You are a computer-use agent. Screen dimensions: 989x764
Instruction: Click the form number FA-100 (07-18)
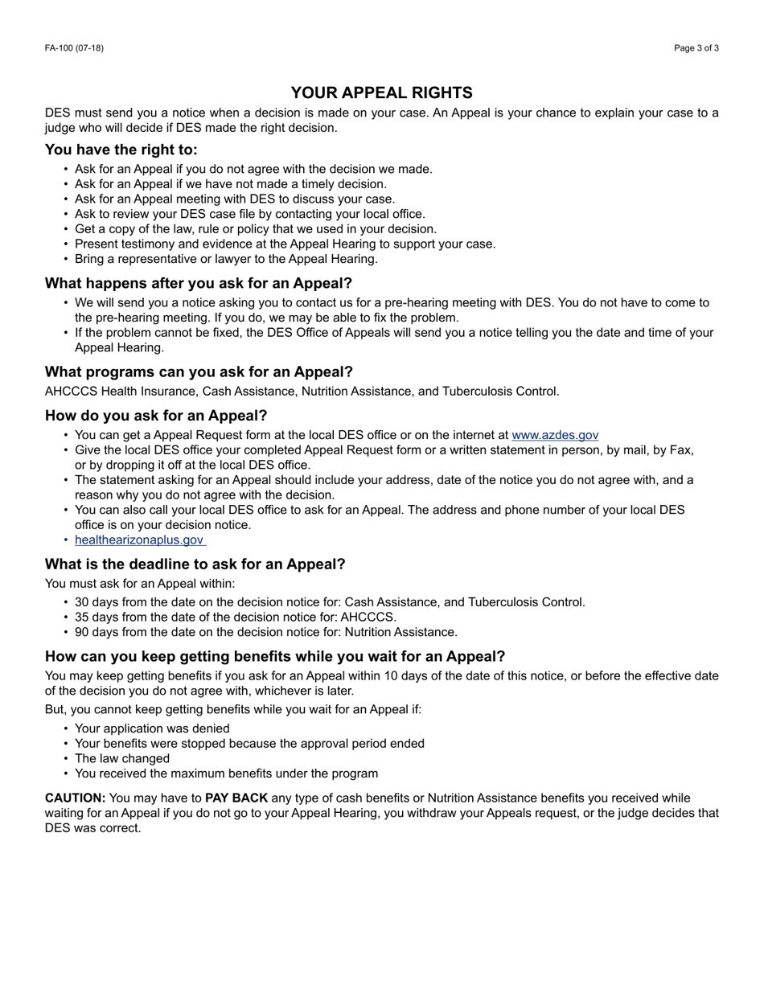[x=74, y=48]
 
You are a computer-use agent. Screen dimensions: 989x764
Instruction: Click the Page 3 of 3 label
[x=696, y=48]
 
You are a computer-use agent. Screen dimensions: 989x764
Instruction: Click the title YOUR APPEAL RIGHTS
[x=381, y=92]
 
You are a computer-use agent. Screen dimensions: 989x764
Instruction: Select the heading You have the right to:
[x=121, y=150]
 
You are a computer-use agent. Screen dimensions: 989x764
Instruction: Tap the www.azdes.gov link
[x=555, y=435]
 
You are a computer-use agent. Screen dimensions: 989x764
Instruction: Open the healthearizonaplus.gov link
[x=139, y=540]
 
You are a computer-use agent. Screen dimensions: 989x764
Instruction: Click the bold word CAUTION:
[x=75, y=798]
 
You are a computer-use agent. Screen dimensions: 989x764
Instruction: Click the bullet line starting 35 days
[x=235, y=617]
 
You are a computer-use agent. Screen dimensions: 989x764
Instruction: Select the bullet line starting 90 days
[x=265, y=632]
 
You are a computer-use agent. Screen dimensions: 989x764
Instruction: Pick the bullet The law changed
[x=122, y=758]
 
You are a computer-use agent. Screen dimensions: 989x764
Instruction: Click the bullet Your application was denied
[x=152, y=728]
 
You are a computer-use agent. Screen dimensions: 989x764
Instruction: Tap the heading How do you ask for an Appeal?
[x=156, y=416]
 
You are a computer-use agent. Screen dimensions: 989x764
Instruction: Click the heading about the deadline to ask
[x=195, y=564]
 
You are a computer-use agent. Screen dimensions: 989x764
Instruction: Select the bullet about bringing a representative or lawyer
[x=226, y=259]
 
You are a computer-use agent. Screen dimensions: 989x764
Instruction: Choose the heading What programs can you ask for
[x=199, y=371]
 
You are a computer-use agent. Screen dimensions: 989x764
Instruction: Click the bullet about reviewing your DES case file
[x=249, y=214]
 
